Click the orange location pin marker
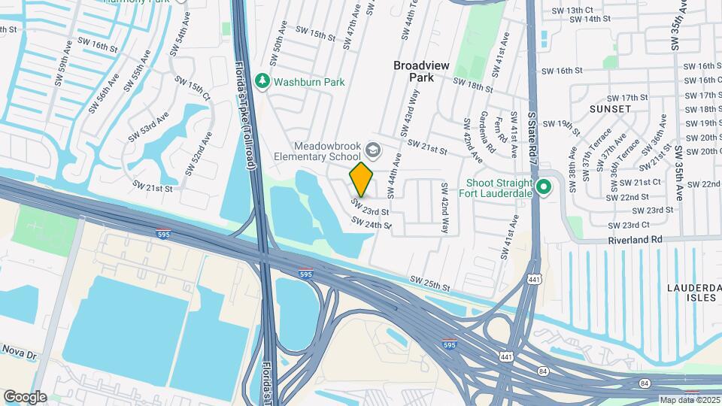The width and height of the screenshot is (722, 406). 362,178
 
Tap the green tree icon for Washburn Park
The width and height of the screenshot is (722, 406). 262,81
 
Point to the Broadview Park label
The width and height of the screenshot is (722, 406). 421,71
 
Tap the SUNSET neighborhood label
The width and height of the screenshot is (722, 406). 610,109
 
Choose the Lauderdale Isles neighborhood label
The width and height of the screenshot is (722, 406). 693,294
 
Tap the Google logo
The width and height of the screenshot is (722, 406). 25,396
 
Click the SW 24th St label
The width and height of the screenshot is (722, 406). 372,223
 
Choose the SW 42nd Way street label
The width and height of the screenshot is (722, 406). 444,207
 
